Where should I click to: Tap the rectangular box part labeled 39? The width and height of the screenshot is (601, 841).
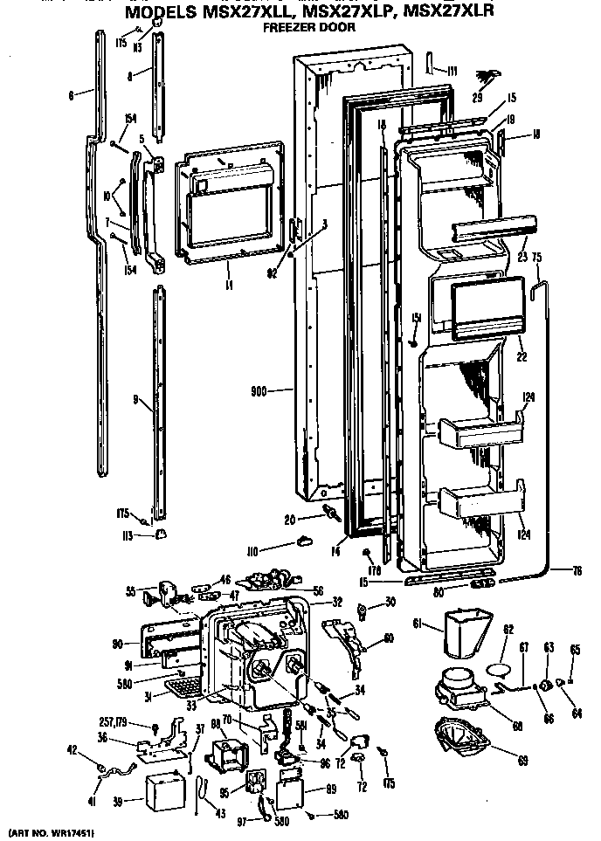click(x=165, y=790)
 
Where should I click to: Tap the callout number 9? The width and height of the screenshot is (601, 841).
click(x=137, y=400)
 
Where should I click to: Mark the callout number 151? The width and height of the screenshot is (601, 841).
click(x=417, y=317)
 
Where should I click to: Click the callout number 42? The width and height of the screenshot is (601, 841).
click(x=73, y=750)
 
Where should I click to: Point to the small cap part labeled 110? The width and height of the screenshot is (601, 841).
click(x=305, y=542)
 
